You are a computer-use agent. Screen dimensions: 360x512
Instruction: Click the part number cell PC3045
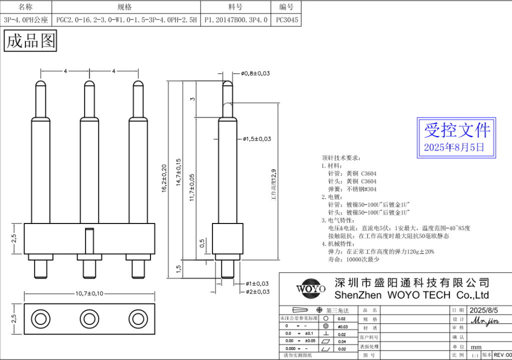click(287, 20)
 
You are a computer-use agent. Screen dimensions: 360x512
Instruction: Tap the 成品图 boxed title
click(30, 40)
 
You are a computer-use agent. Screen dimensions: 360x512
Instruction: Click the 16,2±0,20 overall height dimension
click(163, 177)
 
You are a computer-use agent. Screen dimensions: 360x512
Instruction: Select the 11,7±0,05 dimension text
click(192, 187)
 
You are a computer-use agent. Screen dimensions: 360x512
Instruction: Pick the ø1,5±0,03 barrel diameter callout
click(257, 138)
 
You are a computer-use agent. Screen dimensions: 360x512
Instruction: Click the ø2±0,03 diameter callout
click(257, 291)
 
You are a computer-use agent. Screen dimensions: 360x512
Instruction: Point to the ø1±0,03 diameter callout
click(257, 283)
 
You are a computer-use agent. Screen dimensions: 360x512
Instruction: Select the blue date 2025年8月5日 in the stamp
click(454, 147)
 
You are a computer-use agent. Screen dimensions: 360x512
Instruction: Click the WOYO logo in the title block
click(310, 288)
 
